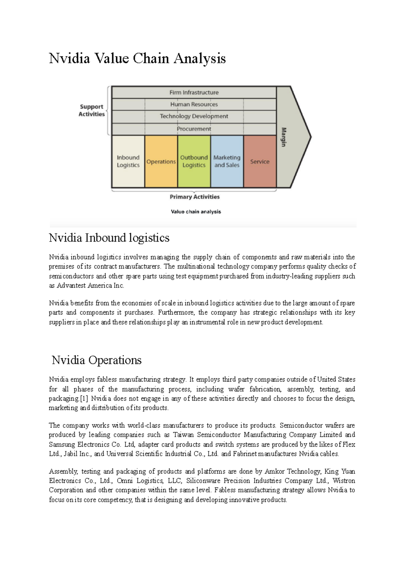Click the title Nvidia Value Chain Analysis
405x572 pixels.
pos(137,58)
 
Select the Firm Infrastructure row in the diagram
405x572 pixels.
pos(194,93)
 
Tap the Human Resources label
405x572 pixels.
pos(194,104)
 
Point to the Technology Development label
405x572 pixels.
pos(194,116)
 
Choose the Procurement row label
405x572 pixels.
pos(194,129)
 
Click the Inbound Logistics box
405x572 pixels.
pos(128,161)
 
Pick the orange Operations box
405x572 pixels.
pos(161,162)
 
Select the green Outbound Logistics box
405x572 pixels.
pos(194,161)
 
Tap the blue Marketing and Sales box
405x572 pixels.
pos(227,161)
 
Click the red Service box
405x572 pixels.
pos(260,162)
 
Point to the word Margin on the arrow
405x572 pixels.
pos(283,137)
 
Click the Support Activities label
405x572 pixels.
pos(91,110)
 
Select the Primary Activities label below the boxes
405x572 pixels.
pos(194,197)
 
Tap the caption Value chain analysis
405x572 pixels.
pos(196,212)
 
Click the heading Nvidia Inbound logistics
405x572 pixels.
pos(109,238)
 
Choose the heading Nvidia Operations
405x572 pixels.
pos(97,360)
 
